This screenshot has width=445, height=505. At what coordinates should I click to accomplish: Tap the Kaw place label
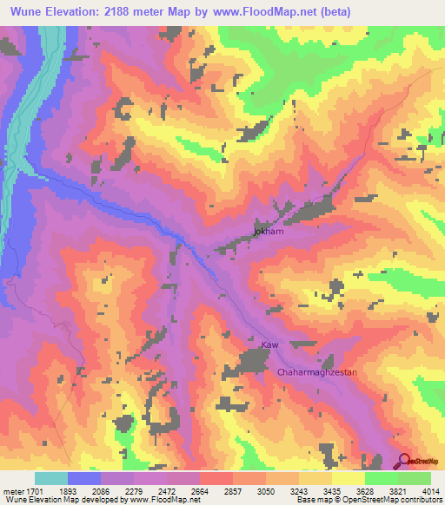(x=269, y=345)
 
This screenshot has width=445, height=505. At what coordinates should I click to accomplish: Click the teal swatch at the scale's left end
(x=51, y=478)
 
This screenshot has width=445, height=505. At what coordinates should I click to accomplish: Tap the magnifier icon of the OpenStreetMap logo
(x=403, y=461)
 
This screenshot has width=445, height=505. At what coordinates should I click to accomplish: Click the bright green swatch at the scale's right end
(x=415, y=478)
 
